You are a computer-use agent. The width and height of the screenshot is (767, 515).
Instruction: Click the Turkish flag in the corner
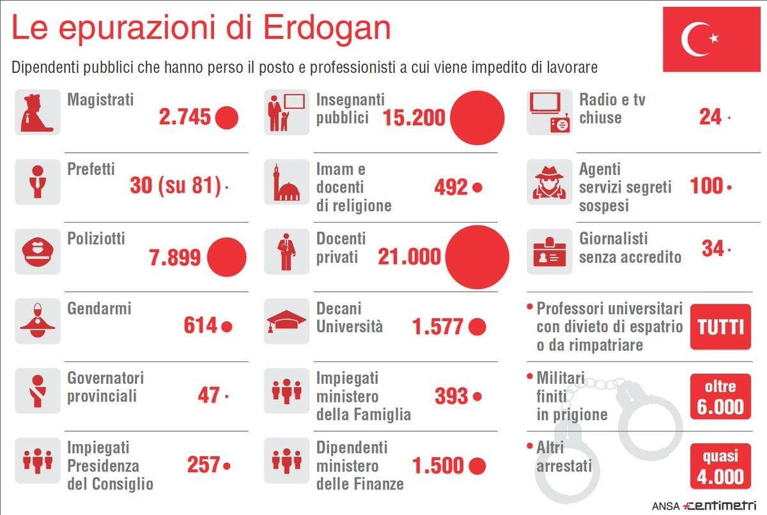pyautogui.click(x=711, y=39)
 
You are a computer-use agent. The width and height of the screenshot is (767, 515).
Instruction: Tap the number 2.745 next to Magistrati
pyautogui.click(x=185, y=118)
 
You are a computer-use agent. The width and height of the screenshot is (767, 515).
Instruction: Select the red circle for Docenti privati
pyautogui.click(x=477, y=257)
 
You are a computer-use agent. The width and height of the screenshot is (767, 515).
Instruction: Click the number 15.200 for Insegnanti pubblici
pyautogui.click(x=414, y=118)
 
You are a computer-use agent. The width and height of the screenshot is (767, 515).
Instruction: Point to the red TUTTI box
pyautogui.click(x=720, y=327)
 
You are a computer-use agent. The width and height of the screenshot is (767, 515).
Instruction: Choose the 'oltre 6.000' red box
pyautogui.click(x=720, y=397)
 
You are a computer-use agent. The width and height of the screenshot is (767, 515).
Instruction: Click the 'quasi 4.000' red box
pyautogui.click(x=720, y=466)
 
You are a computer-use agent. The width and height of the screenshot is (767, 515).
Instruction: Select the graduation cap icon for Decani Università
pyautogui.click(x=286, y=321)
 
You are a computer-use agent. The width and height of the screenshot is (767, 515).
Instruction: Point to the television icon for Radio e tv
pyautogui.click(x=549, y=112)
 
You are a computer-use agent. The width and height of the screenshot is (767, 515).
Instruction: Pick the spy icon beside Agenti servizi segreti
pyautogui.click(x=549, y=182)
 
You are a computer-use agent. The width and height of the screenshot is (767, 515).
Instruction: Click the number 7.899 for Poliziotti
pyautogui.click(x=174, y=257)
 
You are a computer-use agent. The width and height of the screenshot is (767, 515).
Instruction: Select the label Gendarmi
pyautogui.click(x=99, y=308)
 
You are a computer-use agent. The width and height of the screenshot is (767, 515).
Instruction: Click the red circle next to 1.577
pyautogui.click(x=477, y=327)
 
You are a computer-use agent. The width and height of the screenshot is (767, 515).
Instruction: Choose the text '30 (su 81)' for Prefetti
pyautogui.click(x=176, y=187)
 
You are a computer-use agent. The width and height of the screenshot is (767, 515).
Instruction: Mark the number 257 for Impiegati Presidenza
pyautogui.click(x=203, y=466)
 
